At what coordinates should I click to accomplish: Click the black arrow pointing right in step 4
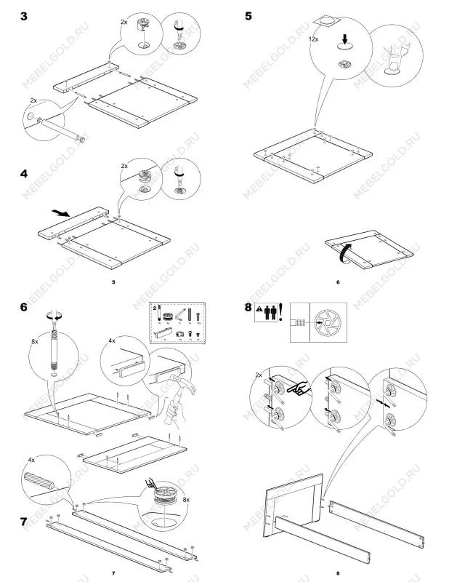point(62,213)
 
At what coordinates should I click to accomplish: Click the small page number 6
point(338,282)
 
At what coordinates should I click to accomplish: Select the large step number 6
point(25,308)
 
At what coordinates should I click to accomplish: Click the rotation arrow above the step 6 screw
point(52,317)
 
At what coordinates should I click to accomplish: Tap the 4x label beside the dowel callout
point(31,460)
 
